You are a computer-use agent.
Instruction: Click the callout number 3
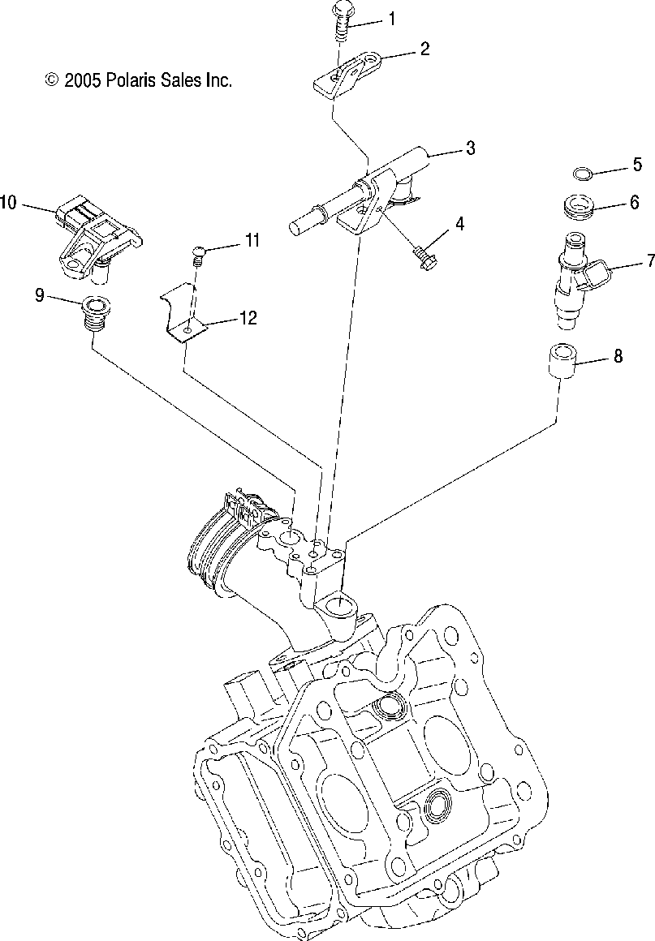pos(470,148)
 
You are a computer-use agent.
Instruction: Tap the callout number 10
pos(8,203)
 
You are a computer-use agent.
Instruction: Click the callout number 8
pos(618,354)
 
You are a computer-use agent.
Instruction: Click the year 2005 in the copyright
pos(83,80)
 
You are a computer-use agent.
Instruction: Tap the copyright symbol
pos(51,80)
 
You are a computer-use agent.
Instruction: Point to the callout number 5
pos(637,166)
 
